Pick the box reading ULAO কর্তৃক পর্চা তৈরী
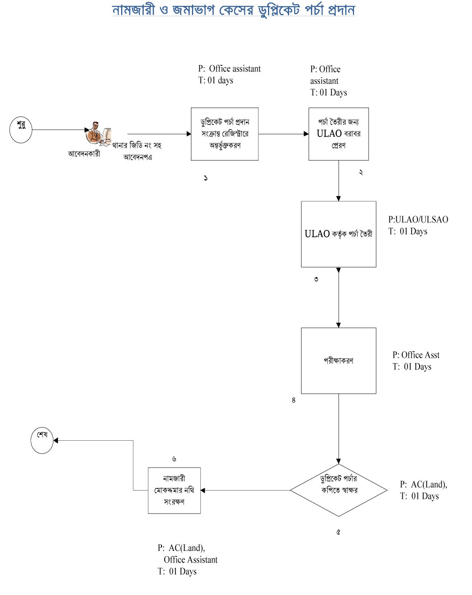[x=338, y=234]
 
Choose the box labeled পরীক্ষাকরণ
[x=338, y=360]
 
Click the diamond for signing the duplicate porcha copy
[x=338, y=490]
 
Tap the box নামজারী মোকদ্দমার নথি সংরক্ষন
[x=174, y=490]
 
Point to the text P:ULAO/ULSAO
[x=418, y=220]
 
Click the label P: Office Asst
[x=416, y=355]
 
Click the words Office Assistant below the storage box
[x=190, y=560]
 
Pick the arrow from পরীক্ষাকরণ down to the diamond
[x=338, y=428]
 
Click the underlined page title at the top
[x=234, y=10]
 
